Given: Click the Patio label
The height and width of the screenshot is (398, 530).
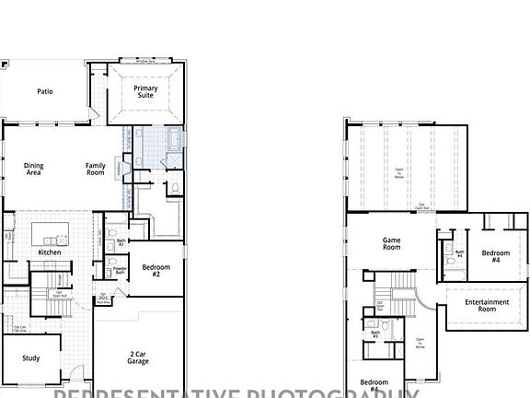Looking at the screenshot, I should (x=44, y=91).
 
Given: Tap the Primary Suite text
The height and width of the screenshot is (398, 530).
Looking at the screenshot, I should (x=145, y=92).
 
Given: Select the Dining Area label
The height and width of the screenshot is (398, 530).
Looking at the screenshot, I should (x=34, y=169).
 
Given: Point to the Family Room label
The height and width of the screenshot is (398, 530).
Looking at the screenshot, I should (x=96, y=169).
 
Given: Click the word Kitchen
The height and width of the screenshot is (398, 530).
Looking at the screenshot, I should (x=50, y=252).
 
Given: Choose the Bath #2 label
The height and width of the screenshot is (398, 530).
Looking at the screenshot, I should (x=121, y=243).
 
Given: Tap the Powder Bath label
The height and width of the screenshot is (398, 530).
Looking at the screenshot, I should (x=120, y=270).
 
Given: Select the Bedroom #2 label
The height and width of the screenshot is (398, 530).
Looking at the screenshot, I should (x=156, y=270).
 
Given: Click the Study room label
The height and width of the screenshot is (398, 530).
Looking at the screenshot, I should (x=30, y=358).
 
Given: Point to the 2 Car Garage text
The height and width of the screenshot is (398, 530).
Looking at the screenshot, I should (x=138, y=357).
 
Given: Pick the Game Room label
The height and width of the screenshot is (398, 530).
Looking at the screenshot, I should (x=392, y=243).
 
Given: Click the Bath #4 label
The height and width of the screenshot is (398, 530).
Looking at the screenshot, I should (x=459, y=253).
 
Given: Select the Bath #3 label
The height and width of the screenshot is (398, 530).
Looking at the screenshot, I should (x=374, y=334).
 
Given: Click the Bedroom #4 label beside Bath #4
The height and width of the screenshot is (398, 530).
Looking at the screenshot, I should (x=495, y=255).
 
